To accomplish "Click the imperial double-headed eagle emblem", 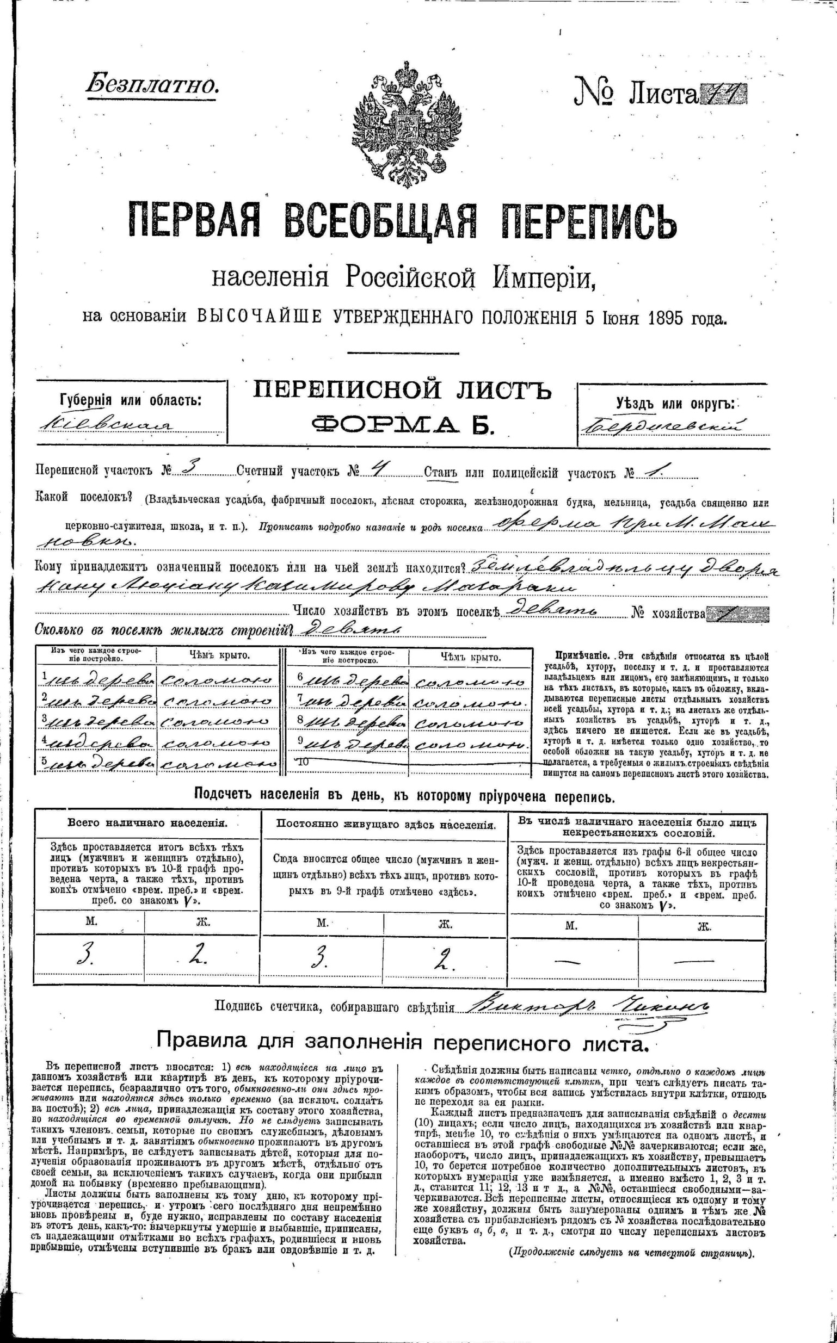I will (408, 126).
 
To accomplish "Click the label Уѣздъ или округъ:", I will (675, 404).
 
